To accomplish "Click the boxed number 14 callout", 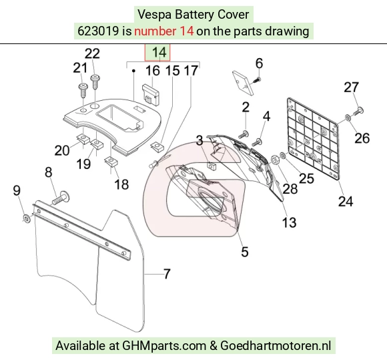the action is pyautogui.click(x=157, y=53).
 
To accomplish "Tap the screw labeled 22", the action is pyautogui.click(x=95, y=82).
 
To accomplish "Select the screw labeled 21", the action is pyautogui.click(x=83, y=91).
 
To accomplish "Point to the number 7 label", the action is pyautogui.click(x=167, y=274).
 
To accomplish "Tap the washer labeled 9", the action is pyautogui.click(x=27, y=218).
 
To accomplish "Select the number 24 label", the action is pyautogui.click(x=346, y=201).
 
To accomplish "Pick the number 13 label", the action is pyautogui.click(x=289, y=222).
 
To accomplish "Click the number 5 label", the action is pyautogui.click(x=244, y=252).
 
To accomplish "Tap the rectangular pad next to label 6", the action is pyautogui.click(x=243, y=83).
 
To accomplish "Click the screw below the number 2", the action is pyautogui.click(x=244, y=135).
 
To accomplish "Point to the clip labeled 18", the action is pyautogui.click(x=111, y=162).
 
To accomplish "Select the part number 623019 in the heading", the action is pyautogui.click(x=98, y=31).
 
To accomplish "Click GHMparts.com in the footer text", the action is pyautogui.click(x=164, y=345).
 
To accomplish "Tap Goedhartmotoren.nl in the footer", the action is pyautogui.click(x=276, y=345).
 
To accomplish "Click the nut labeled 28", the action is pyautogui.click(x=275, y=159).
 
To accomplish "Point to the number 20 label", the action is pyautogui.click(x=62, y=150).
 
